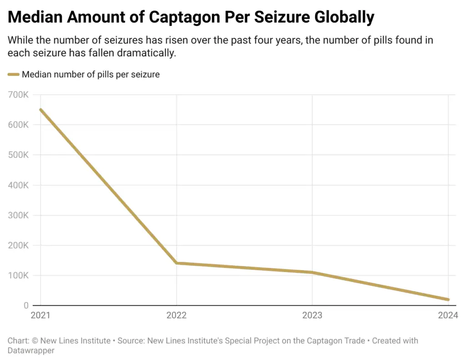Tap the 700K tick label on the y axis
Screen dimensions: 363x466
pyautogui.click(x=19, y=95)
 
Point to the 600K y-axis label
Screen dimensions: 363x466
pyautogui.click(x=19, y=125)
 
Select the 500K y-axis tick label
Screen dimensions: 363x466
pyautogui.click(x=19, y=155)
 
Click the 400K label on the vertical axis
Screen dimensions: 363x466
pyautogui.click(x=19, y=185)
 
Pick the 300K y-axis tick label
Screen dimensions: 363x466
pyautogui.click(x=19, y=215)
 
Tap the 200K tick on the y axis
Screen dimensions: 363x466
pyautogui.click(x=19, y=245)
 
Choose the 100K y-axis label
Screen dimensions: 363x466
pyautogui.click(x=19, y=275)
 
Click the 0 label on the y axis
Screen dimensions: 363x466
pyautogui.click(x=26, y=305)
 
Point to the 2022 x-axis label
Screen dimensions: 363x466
pyautogui.click(x=176, y=315)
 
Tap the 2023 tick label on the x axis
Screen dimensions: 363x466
pyautogui.click(x=312, y=315)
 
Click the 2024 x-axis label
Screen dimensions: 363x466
pyautogui.click(x=448, y=315)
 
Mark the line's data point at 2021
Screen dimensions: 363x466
pyautogui.click(x=41, y=110)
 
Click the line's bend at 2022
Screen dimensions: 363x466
pyautogui.click(x=177, y=263)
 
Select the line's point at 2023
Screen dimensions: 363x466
pyautogui.click(x=312, y=272)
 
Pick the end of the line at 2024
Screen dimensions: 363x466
pyautogui.click(x=448, y=299)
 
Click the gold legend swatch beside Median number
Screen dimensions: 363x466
pyautogui.click(x=14, y=74)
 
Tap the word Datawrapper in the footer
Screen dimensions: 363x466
pyautogui.click(x=31, y=351)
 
